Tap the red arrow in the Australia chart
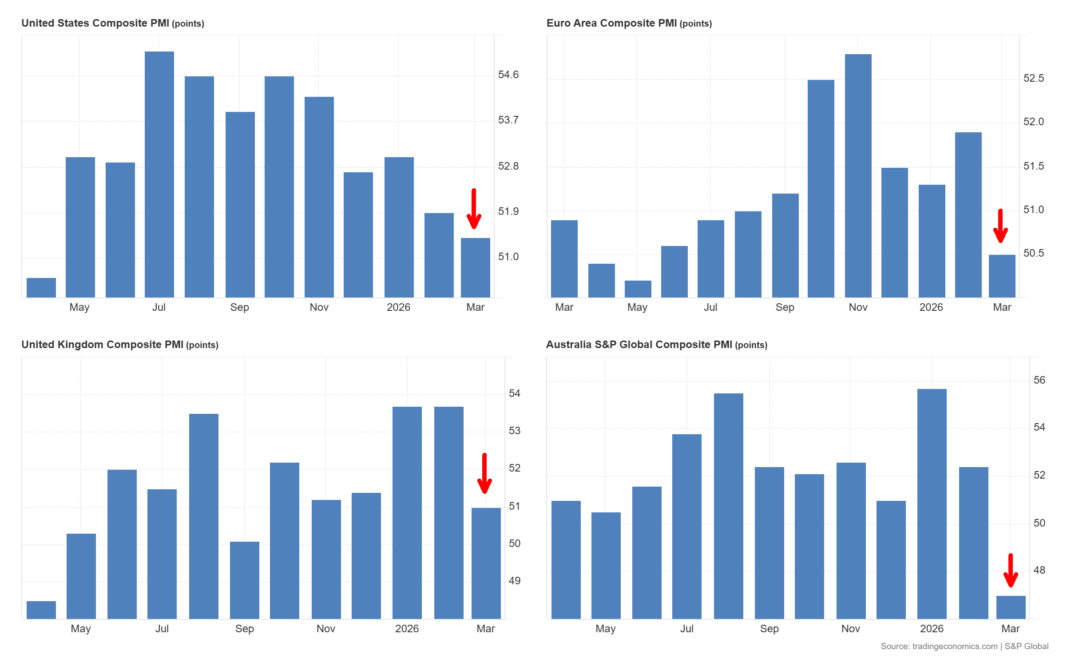tap(1011, 571)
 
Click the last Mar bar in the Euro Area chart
tap(1002, 276)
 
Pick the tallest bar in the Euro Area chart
tap(858, 175)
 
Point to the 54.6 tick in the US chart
tap(508, 75)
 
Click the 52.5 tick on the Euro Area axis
tap(1033, 78)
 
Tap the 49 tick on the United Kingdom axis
tap(514, 581)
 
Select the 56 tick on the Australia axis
tap(1039, 380)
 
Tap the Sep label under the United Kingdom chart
tap(244, 629)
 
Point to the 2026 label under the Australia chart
tap(932, 629)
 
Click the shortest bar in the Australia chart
tap(1011, 607)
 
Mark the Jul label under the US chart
tap(159, 307)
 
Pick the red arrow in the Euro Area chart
tap(1000, 226)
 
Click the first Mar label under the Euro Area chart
tap(564, 307)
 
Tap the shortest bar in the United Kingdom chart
tap(41, 610)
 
